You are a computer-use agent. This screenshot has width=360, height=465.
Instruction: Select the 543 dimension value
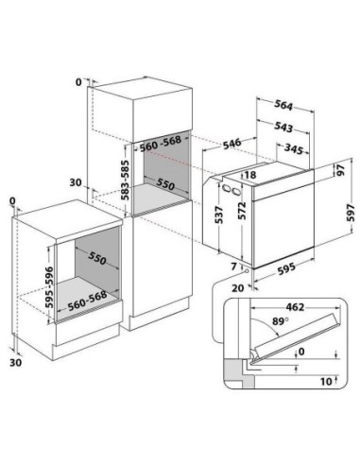[283, 128]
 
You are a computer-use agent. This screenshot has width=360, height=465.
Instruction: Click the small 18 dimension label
[250, 176]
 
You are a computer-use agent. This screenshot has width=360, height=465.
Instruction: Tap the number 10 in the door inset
[326, 381]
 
